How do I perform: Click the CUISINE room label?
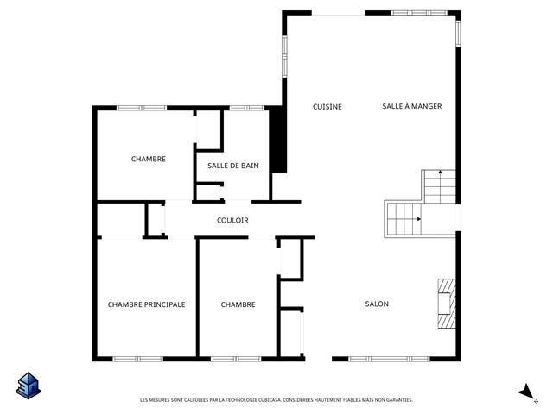pos(327,107)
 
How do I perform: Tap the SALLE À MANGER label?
pos(412,106)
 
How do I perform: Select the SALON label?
pos(377,304)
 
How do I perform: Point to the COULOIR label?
pos(232,221)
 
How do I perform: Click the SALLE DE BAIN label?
pos(233,166)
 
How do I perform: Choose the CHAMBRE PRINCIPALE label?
pos(146,304)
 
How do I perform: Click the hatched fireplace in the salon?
pos(447,304)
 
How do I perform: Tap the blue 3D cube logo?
pos(29,386)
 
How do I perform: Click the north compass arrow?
pos(527,392)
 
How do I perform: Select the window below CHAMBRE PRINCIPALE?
pos(138,359)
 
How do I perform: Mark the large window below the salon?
pos(390,359)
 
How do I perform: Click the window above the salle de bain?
pos(247,108)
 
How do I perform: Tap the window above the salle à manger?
pos(419,13)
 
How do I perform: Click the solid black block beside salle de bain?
pos(278,140)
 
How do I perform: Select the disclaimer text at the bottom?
pos(276,400)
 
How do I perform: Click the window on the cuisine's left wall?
pos(284,56)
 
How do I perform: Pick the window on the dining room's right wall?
pos(458,34)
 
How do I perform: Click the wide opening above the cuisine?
pos(338,15)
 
